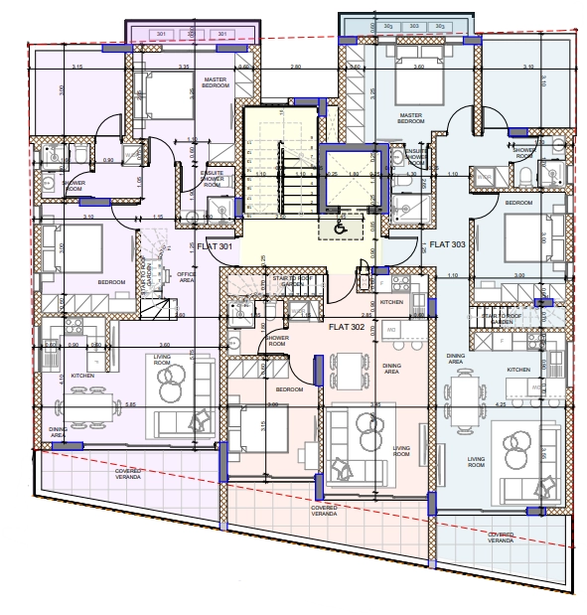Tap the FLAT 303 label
click(445, 241)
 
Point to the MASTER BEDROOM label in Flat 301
click(217, 82)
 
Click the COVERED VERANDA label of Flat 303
click(501, 537)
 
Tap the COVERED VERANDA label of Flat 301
click(128, 474)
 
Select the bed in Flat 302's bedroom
click(260, 430)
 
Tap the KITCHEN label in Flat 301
click(82, 376)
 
